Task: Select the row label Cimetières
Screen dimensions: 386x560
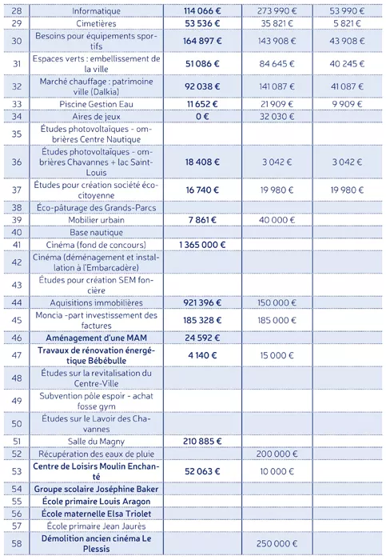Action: [96, 24]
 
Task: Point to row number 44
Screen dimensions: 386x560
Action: [16, 303]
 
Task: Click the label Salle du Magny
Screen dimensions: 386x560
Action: [96, 440]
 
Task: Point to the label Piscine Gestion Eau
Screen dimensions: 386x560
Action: [96, 104]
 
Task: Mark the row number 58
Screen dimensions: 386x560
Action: [16, 543]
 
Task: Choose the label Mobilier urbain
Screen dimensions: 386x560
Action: [96, 220]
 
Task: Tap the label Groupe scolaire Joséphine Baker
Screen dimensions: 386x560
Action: [96, 488]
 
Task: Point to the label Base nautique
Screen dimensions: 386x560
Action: [96, 232]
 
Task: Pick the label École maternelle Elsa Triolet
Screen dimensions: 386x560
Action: [96, 513]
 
